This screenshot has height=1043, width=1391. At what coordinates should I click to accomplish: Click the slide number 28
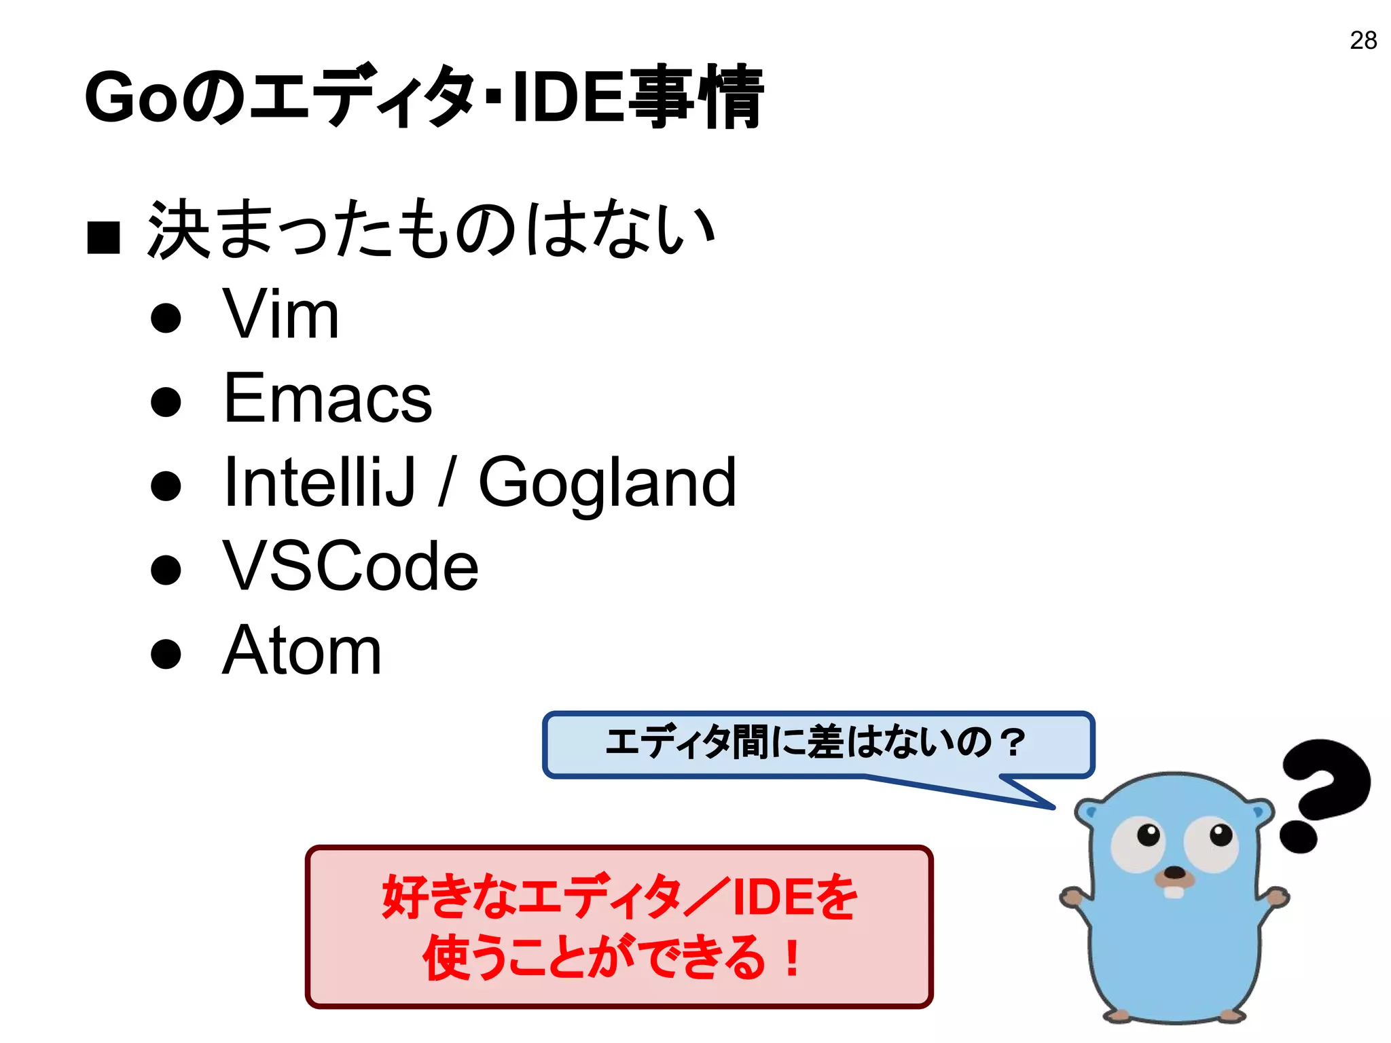pyautogui.click(x=1363, y=41)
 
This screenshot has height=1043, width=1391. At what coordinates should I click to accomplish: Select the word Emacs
pyautogui.click(x=327, y=399)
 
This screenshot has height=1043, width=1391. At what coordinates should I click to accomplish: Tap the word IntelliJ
pyautogui.click(x=319, y=482)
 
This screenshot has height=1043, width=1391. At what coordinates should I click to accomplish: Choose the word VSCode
pyautogui.click(x=350, y=566)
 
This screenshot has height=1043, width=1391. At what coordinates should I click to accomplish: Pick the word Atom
pyautogui.click(x=302, y=651)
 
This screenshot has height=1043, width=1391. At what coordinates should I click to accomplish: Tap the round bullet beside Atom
pyautogui.click(x=166, y=653)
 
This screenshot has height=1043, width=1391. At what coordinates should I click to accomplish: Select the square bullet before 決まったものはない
pyautogui.click(x=104, y=237)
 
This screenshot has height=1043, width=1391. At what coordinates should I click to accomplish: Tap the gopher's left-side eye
pyautogui.click(x=1138, y=843)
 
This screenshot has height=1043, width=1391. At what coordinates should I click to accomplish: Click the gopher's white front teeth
pyautogui.click(x=1174, y=890)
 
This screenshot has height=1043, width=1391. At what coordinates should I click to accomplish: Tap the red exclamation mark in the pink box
pyautogui.click(x=791, y=957)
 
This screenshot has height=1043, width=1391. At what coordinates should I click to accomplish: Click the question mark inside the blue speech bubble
pyautogui.click(x=1013, y=742)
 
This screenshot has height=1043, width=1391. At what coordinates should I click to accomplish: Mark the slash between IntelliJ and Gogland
pyautogui.click(x=446, y=482)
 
